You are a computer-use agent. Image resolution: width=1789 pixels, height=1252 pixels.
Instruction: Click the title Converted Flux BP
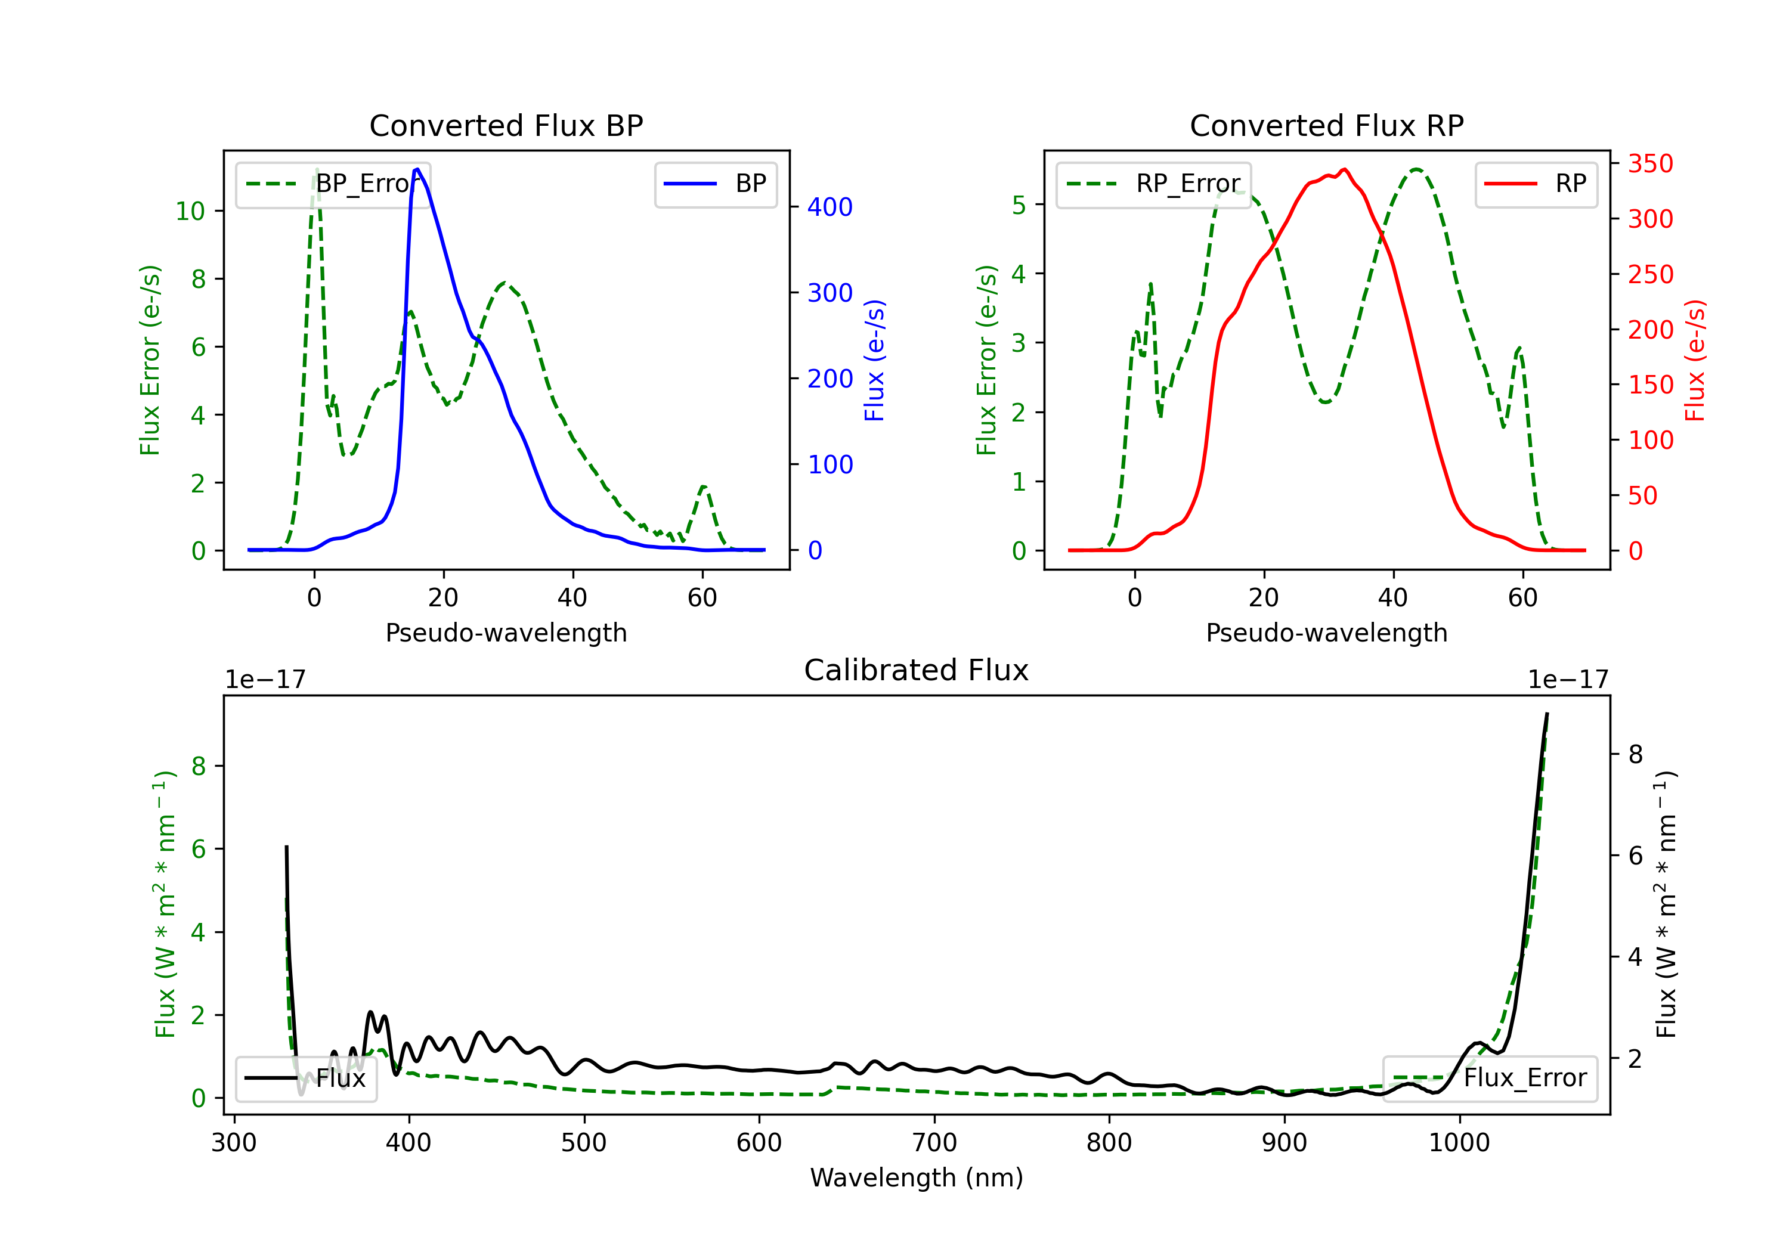506,125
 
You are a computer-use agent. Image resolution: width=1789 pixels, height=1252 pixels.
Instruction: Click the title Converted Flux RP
1326,125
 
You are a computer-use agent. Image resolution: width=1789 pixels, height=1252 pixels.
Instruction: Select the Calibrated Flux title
917,670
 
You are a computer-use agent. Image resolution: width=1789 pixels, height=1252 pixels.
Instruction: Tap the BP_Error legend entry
333,184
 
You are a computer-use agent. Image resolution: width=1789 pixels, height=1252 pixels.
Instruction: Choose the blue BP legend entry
715,184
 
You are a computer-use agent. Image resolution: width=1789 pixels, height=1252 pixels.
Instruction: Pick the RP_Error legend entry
1153,184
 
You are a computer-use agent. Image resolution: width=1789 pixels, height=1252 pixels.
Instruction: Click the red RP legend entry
1536,184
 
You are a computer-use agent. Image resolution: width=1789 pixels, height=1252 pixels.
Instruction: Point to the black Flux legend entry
305,1079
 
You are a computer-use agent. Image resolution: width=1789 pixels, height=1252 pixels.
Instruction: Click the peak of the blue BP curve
417,169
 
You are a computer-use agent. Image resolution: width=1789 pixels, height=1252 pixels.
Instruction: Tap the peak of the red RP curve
1345,169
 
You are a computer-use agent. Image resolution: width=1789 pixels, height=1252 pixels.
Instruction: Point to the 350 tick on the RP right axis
1650,163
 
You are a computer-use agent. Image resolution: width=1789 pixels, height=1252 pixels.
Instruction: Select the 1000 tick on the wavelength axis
1459,1143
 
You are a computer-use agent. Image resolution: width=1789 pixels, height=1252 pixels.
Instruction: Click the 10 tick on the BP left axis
190,211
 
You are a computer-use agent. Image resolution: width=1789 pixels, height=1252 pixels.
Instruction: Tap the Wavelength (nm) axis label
917,1177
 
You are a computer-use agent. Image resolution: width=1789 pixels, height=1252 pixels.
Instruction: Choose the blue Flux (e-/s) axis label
874,360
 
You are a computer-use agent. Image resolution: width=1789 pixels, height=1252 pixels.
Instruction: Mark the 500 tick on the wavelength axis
584,1143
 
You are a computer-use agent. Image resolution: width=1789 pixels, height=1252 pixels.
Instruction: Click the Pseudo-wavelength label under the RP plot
1326,633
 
